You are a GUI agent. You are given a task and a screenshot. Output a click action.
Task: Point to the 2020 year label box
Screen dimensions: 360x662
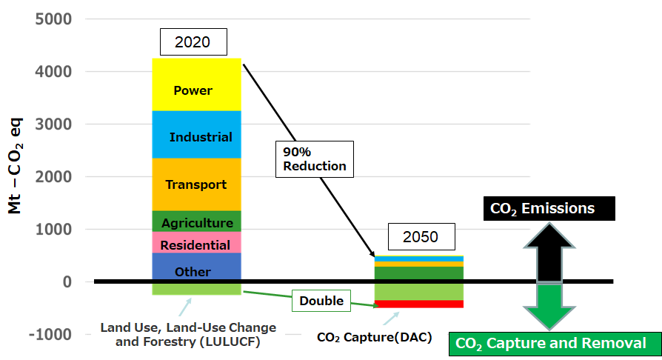(193, 42)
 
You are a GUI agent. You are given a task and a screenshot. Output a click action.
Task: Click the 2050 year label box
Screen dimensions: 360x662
(421, 237)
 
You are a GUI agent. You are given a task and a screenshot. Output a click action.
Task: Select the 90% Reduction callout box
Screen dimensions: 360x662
(315, 159)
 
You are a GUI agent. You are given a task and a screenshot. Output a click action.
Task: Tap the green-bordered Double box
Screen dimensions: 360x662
(321, 301)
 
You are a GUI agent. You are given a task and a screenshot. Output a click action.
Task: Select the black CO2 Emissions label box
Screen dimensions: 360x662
(542, 208)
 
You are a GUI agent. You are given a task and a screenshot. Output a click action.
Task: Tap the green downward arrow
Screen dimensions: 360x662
(549, 305)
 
